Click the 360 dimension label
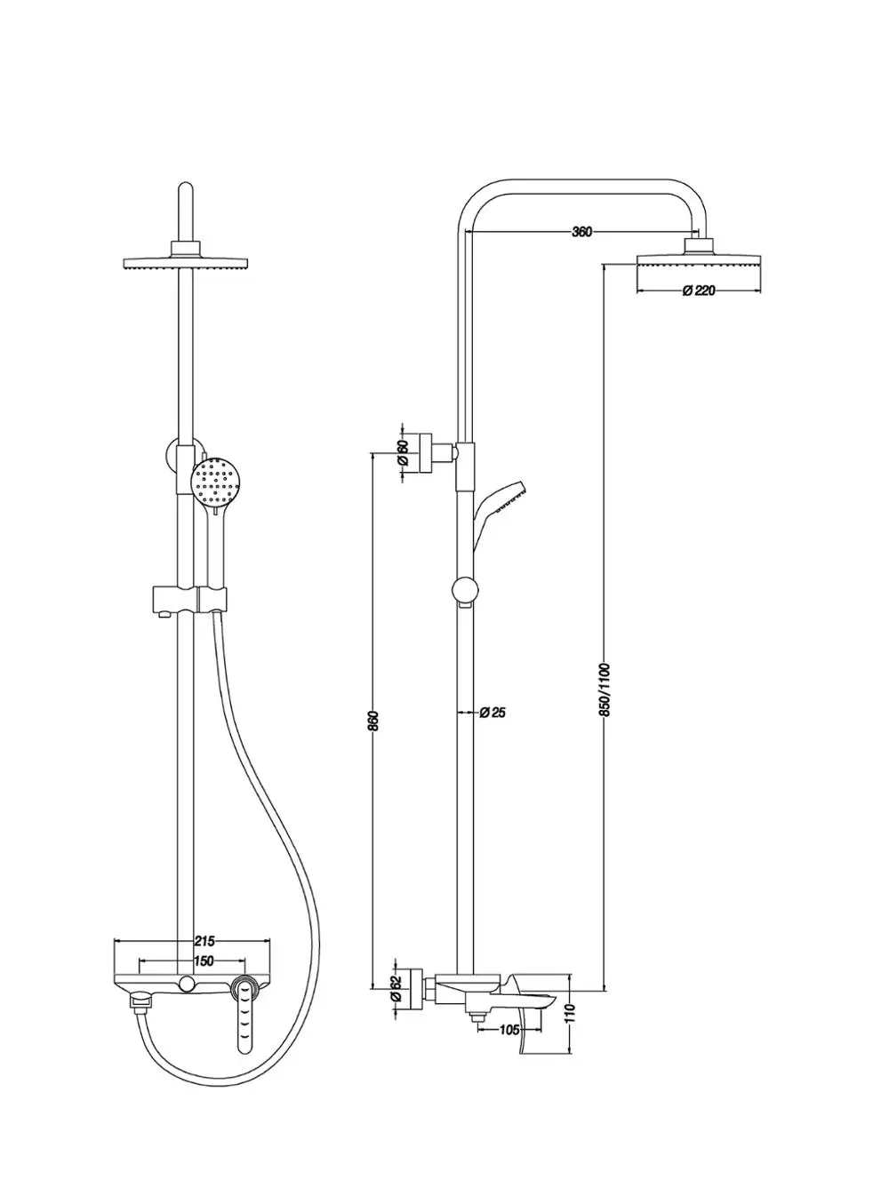pyautogui.click(x=582, y=232)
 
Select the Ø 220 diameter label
pyautogui.click(x=699, y=291)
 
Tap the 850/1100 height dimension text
pyautogui.click(x=605, y=690)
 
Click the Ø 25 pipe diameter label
pyautogui.click(x=493, y=713)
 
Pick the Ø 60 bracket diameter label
pyautogui.click(x=402, y=452)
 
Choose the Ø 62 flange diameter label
pyautogui.click(x=396, y=988)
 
